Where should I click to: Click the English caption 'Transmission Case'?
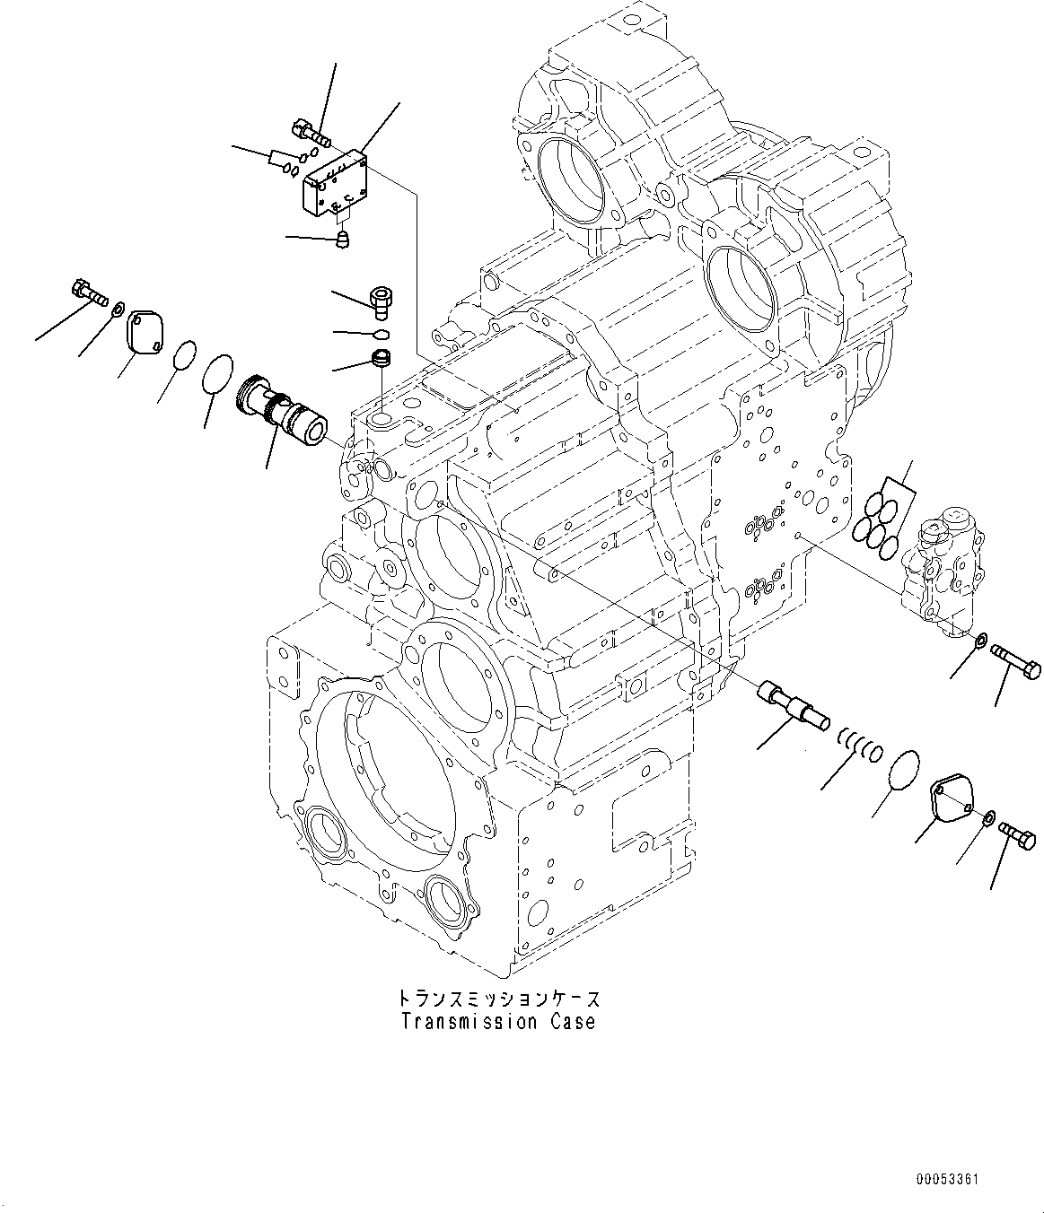pyautogui.click(x=497, y=1022)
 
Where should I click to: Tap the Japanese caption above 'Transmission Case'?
pyautogui.click(x=497, y=999)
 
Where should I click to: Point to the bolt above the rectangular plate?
pyautogui.click(x=310, y=133)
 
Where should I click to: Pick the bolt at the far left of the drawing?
pyautogui.click(x=86, y=291)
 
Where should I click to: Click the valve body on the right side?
pyautogui.click(x=946, y=568)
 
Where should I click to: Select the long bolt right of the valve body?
pyautogui.click(x=1015, y=665)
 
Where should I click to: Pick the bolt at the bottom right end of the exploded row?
pyautogui.click(x=1015, y=833)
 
